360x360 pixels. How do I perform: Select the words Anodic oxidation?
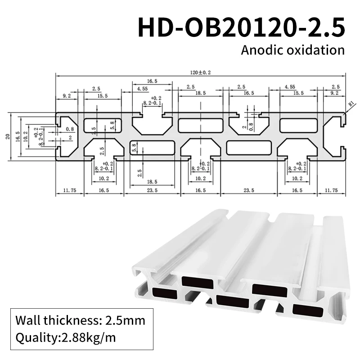292,49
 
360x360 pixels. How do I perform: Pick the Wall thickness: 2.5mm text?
81,321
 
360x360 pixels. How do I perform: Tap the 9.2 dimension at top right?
335,93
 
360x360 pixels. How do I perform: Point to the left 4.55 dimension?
143,89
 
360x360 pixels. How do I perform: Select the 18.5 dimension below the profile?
152,181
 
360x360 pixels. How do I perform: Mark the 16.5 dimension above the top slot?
152,81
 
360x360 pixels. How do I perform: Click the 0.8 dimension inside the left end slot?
69,129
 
